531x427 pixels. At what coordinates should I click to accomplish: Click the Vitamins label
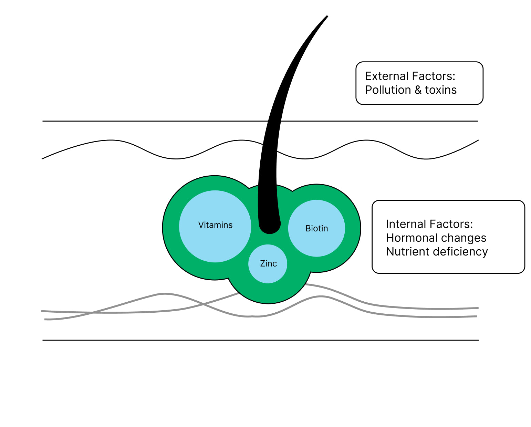coord(215,225)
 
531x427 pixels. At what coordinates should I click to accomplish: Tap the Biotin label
coord(316,229)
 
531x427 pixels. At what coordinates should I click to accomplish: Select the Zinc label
coord(268,264)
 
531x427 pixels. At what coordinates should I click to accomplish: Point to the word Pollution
coord(388,90)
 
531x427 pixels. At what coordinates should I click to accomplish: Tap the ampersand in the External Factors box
coord(418,90)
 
